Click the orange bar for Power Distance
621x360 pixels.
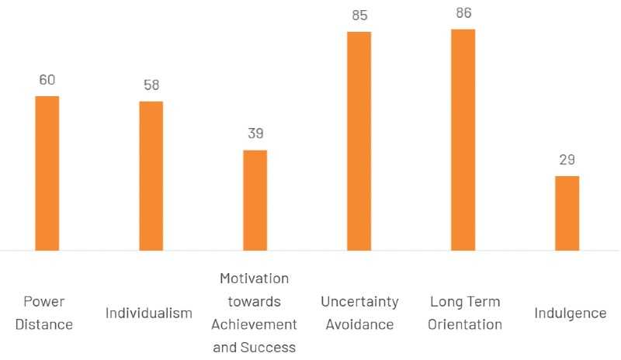[47, 173]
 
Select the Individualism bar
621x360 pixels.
[151, 175]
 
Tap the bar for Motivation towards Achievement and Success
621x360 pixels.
[255, 200]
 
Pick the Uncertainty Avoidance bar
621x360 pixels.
[359, 140]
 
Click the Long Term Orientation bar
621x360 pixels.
[463, 140]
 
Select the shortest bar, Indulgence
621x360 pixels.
[567, 213]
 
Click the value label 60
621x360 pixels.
[47, 80]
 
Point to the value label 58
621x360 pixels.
[151, 85]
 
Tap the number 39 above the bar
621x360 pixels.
[255, 133]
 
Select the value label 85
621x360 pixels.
[359, 15]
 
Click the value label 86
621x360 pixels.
[463, 13]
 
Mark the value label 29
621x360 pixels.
[567, 160]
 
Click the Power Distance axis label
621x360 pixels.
[47, 313]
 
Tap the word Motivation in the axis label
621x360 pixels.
[254, 279]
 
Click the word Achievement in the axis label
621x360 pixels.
[254, 324]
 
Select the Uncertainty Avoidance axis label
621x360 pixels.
[359, 313]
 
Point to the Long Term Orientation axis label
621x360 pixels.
[464, 313]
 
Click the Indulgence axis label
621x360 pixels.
[570, 313]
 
